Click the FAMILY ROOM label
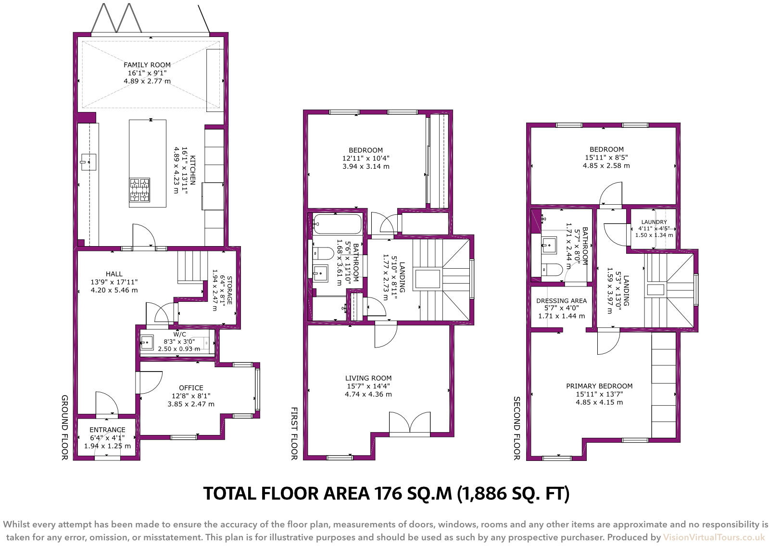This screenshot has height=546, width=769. pyautogui.click(x=147, y=65)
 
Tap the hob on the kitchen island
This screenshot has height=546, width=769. pyautogui.click(x=139, y=189)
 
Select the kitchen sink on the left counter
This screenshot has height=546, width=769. pyautogui.click(x=88, y=162)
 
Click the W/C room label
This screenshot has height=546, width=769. pyautogui.click(x=179, y=334)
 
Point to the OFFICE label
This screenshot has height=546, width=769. pyautogui.click(x=191, y=388)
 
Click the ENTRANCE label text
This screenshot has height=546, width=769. pyautogui.click(x=107, y=430)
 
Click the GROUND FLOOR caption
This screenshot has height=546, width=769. pyautogui.click(x=64, y=427)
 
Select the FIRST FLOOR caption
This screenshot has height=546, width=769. pyautogui.click(x=294, y=434)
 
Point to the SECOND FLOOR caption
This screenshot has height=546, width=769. pyautogui.click(x=517, y=428)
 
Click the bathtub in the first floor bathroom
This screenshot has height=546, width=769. pyautogui.click(x=338, y=224)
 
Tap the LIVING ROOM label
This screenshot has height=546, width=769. pyautogui.click(x=368, y=378)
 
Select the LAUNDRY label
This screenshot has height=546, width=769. pyautogui.click(x=654, y=222)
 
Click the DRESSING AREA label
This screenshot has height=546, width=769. pyautogui.click(x=561, y=300)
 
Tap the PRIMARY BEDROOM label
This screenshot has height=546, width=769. pyautogui.click(x=599, y=386)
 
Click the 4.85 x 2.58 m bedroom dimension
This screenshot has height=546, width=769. pyautogui.click(x=606, y=165)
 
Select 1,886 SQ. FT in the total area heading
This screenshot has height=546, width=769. pyautogui.click(x=513, y=494)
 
